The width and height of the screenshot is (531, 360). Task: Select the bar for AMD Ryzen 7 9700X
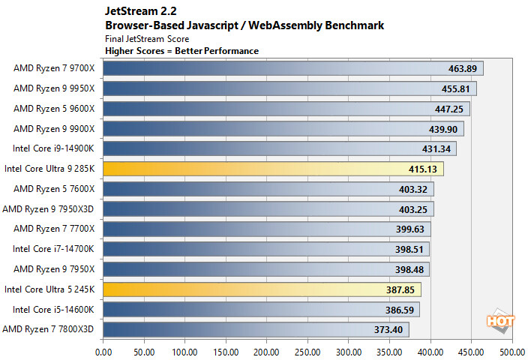[292, 69]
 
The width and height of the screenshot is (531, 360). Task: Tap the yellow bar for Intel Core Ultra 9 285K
[273, 169]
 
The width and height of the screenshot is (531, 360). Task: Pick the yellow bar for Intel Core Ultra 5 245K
[262, 289]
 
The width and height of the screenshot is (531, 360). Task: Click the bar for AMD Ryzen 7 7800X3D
[256, 328]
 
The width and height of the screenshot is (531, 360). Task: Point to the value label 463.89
[460, 69]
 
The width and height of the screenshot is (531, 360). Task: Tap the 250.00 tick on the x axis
[307, 350]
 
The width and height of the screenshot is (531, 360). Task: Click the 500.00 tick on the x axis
[511, 350]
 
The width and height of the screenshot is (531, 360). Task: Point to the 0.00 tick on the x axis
[103, 350]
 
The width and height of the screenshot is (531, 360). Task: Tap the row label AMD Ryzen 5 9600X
[54, 109]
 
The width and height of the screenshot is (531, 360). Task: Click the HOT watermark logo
[501, 320]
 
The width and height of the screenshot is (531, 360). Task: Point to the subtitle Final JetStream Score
[147, 38]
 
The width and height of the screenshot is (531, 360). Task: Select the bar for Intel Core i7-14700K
[266, 249]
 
